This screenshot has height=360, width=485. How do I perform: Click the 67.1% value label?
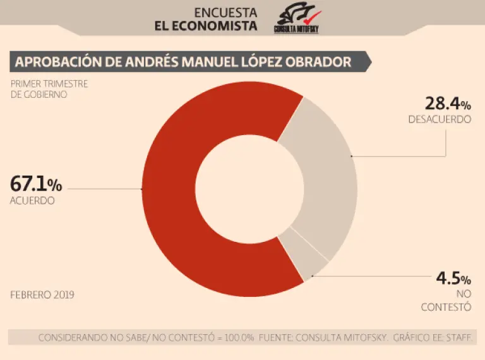pos(36,184)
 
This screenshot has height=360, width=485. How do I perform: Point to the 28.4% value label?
pos(446,103)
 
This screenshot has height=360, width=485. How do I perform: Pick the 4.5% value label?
pos(453,279)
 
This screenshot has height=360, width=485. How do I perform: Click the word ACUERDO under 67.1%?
pos(32,201)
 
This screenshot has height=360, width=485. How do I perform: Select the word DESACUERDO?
pos(440,119)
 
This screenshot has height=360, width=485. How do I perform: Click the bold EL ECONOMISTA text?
pos(206,27)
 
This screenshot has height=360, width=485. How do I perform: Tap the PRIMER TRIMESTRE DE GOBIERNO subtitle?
pos(49,88)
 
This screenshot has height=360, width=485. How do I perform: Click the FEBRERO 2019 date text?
pos(42,294)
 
